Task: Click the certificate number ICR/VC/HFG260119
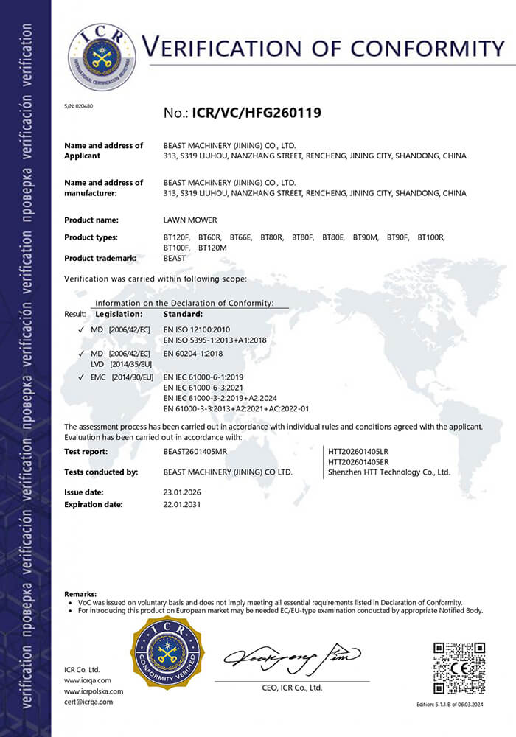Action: coord(257,113)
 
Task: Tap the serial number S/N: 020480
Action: coord(78,106)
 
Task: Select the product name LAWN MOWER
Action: coord(190,220)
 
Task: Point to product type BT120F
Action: coord(176,237)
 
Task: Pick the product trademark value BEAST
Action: coord(175,259)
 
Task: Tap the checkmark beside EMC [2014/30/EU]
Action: coord(80,377)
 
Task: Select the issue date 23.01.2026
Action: coord(181,492)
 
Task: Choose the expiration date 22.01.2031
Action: coord(181,504)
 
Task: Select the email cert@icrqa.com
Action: coord(88,702)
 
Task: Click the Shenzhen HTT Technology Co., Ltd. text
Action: coord(388,472)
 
